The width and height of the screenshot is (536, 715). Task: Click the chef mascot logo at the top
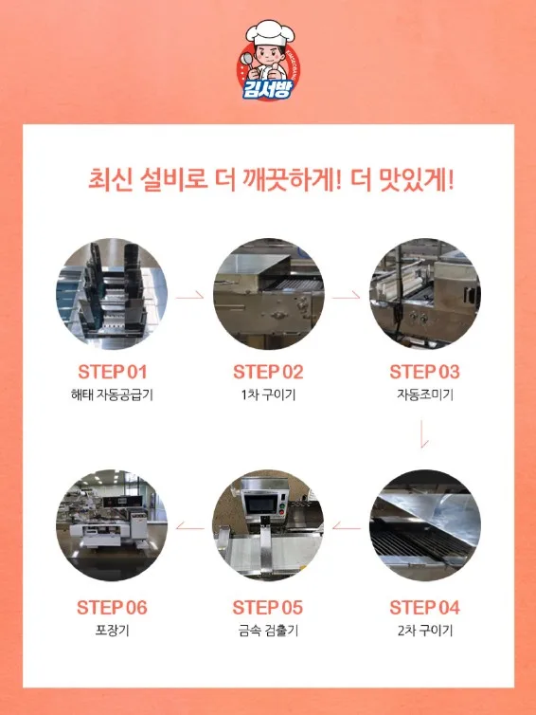coord(268,60)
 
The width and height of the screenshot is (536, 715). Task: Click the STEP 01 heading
coord(112,372)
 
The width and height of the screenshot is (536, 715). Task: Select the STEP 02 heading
coord(268,372)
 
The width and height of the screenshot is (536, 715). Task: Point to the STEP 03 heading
coord(424,372)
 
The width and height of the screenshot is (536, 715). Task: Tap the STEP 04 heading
coord(424,608)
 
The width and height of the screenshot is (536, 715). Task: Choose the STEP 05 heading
coord(268,608)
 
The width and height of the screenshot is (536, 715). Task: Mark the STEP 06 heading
coord(112,608)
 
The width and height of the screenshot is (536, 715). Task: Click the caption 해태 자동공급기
coord(112,394)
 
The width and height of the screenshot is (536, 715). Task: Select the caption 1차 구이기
coord(268,394)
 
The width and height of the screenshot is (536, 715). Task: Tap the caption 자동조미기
coord(425,394)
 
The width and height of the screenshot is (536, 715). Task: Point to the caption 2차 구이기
coord(425,631)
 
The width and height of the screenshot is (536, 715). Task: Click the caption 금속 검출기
coord(268,631)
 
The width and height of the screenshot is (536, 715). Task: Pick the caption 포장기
coord(112,631)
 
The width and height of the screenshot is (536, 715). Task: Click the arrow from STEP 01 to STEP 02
coord(190,298)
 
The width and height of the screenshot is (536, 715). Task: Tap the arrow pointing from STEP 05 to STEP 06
coord(190,527)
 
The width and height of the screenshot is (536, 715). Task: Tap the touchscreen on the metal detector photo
coord(260,504)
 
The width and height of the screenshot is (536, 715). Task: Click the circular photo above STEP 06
coord(112,525)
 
